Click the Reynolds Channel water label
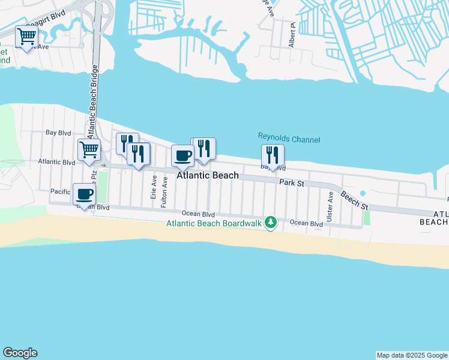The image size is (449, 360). pos(288,139)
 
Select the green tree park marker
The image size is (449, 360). pos(271,223)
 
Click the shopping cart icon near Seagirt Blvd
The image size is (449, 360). pos(27,37)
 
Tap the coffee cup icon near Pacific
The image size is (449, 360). pos(84,194)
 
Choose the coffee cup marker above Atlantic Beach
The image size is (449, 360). pos(183,155)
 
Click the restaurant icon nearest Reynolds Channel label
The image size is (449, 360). pos(273,155)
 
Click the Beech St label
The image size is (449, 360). pos(354,200)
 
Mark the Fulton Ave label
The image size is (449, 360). pos(164,191)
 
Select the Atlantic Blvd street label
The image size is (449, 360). pos(56,162)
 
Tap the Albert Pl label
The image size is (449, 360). pos(292,36)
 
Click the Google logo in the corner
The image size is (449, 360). pos(20,353)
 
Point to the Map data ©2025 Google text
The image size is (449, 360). pos(412,355)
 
